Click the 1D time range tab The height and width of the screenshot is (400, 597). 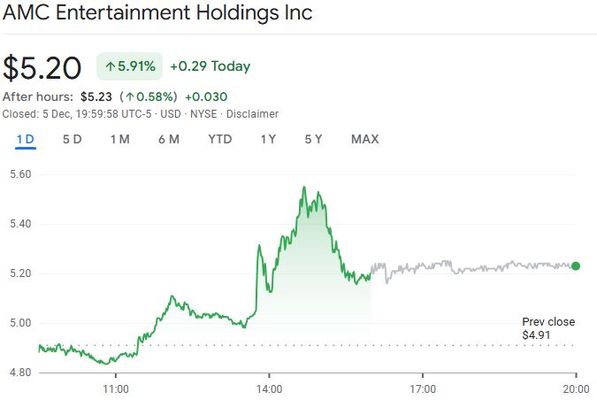tap(25, 139)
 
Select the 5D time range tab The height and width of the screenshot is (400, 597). tap(72, 139)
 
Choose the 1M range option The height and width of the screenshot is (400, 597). tap(119, 139)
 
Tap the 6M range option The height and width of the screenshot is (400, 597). tap(169, 139)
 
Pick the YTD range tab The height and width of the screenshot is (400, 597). tap(220, 139)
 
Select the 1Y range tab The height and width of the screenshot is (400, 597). tap(268, 139)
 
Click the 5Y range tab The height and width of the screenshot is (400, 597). tap(314, 139)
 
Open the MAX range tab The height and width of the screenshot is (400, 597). tap(364, 139)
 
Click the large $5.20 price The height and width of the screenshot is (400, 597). tap(42, 67)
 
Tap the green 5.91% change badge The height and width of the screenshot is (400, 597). tap(129, 66)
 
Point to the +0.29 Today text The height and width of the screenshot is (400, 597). tap(210, 66)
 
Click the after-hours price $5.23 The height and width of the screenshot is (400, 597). tap(95, 96)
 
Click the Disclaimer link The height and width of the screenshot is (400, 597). tap(252, 114)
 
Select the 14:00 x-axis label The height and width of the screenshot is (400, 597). tap(269, 388)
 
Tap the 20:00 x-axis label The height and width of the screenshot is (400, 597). tap(576, 388)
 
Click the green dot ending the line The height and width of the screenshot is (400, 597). tap(576, 265)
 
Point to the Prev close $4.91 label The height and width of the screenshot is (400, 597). tap(547, 328)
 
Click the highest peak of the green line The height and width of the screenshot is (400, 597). tap(303, 188)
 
